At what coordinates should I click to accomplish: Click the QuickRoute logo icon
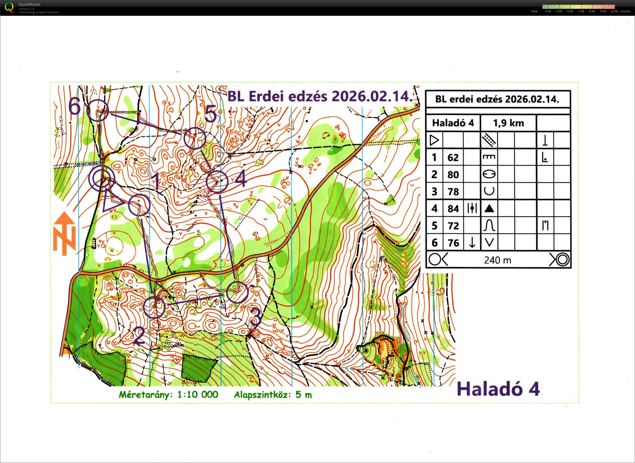tap(9, 7)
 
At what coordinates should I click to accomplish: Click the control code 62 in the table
tap(453, 158)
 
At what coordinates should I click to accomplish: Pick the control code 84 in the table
tap(453, 209)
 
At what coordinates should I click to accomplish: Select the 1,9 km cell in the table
tap(508, 123)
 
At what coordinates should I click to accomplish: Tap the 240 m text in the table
tap(497, 260)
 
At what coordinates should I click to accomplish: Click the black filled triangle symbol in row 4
tap(489, 208)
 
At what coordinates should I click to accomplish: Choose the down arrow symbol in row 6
tap(472, 242)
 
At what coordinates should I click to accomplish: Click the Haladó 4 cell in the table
tap(453, 123)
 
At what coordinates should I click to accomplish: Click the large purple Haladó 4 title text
tap(498, 389)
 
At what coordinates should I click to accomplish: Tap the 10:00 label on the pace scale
tap(615, 12)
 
